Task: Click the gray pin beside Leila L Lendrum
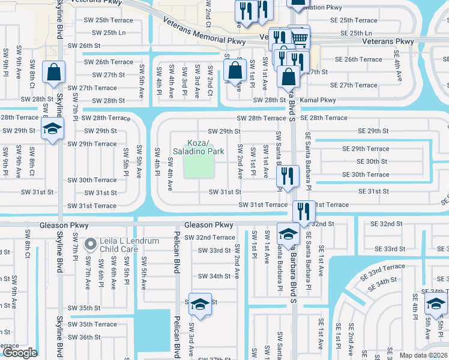pyautogui.click(x=91, y=244)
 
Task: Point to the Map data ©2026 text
pyautogui.click(x=423, y=355)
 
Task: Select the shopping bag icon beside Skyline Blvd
pyautogui.click(x=54, y=73)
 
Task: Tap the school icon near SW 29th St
pyautogui.click(x=53, y=129)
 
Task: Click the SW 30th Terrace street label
pyautogui.click(x=92, y=180)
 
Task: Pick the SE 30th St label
pyautogui.click(x=372, y=161)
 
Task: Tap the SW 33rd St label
pyautogui.click(x=215, y=250)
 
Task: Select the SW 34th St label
pyautogui.click(x=214, y=276)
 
